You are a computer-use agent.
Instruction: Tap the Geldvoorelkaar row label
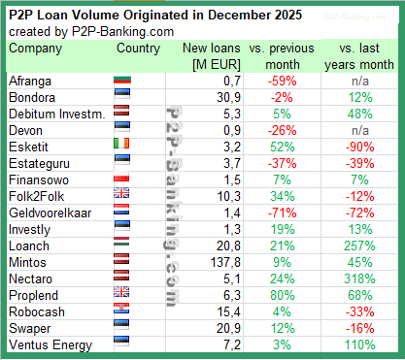pos(49,213)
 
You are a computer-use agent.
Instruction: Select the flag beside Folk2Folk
pos(124,197)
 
